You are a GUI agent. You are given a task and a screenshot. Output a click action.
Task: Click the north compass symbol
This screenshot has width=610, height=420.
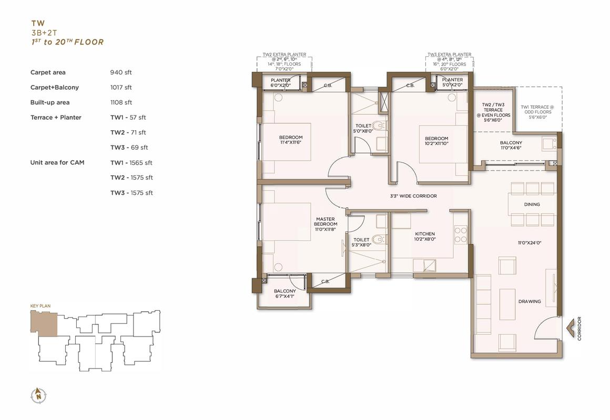[x=38, y=395]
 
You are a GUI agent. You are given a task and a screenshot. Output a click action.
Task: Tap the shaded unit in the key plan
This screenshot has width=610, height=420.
[x=44, y=323]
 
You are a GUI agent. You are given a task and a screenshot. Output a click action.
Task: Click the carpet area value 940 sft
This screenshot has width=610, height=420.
[x=121, y=72]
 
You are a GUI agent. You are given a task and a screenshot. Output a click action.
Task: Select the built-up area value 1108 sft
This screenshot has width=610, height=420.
[x=121, y=102]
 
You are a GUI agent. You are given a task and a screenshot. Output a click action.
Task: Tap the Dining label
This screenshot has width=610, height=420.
[x=532, y=204]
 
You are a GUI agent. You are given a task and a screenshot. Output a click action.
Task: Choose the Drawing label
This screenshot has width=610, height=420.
[x=530, y=301]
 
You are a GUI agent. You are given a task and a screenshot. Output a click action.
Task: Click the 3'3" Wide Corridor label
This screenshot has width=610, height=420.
[x=413, y=196]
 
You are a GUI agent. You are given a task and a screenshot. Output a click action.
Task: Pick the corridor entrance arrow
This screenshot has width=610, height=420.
[x=571, y=328]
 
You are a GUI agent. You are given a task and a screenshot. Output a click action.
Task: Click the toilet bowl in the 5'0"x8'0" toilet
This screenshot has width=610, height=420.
[x=378, y=125]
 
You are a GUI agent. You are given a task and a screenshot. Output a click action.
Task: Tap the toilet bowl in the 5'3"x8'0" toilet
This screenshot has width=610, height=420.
[x=378, y=239]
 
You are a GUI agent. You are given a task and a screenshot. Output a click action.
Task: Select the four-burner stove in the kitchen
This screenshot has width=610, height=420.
[x=461, y=234]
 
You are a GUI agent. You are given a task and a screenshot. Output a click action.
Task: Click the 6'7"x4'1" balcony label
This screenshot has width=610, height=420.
[x=285, y=293]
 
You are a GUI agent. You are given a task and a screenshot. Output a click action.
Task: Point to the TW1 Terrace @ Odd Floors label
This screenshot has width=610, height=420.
[x=537, y=112]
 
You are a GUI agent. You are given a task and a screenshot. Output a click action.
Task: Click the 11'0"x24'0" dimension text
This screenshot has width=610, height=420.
[x=530, y=243]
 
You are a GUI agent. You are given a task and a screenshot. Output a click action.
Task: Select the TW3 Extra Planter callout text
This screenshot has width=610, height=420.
[x=449, y=61]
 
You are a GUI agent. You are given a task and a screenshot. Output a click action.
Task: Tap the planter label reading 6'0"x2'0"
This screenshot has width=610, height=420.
[x=280, y=82]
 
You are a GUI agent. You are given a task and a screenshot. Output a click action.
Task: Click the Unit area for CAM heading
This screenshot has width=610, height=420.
[x=57, y=162]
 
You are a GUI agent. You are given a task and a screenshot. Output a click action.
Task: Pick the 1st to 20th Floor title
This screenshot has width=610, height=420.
[x=68, y=42]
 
